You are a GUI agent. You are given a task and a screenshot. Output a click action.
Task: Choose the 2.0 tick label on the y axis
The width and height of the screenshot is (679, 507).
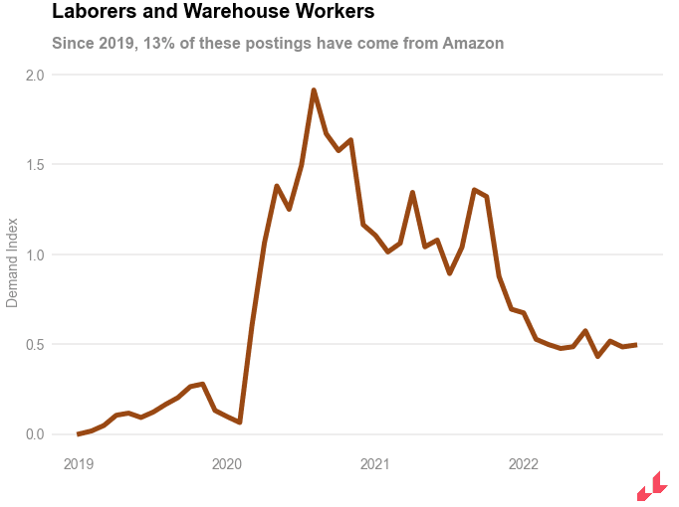pos(35,75)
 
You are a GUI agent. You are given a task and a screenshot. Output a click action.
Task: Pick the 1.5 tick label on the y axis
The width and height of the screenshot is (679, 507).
pos(35,164)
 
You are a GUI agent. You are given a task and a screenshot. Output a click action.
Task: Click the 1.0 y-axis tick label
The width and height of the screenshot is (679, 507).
pos(35,254)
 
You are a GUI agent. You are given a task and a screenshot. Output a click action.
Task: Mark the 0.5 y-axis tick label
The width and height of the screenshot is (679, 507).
pos(35,344)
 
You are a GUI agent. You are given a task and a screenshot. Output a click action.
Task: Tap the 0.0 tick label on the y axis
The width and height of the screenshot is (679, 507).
pos(35,434)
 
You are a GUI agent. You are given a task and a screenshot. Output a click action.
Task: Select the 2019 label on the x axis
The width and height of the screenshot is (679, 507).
pos(79,463)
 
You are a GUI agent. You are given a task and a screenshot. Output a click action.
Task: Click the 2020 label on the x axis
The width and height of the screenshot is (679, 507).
pos(227,463)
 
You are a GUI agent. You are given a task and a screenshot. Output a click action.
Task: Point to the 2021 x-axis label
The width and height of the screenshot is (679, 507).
pos(375,463)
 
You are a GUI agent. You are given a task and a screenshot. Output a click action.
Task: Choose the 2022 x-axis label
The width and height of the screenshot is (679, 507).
pos(524,463)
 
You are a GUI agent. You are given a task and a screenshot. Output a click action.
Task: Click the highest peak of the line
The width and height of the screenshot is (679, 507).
pos(314,90)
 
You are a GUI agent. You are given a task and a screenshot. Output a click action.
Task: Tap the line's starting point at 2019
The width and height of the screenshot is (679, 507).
pos(79,433)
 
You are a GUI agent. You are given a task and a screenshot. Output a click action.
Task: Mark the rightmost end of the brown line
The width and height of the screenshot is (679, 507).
pos(635,345)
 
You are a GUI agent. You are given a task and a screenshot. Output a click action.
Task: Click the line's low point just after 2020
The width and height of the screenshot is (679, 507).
pos(240,422)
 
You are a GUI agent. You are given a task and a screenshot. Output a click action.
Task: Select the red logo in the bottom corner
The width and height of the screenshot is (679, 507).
pos(651,486)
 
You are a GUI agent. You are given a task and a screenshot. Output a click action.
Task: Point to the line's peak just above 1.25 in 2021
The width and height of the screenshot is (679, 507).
pos(412,193)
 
